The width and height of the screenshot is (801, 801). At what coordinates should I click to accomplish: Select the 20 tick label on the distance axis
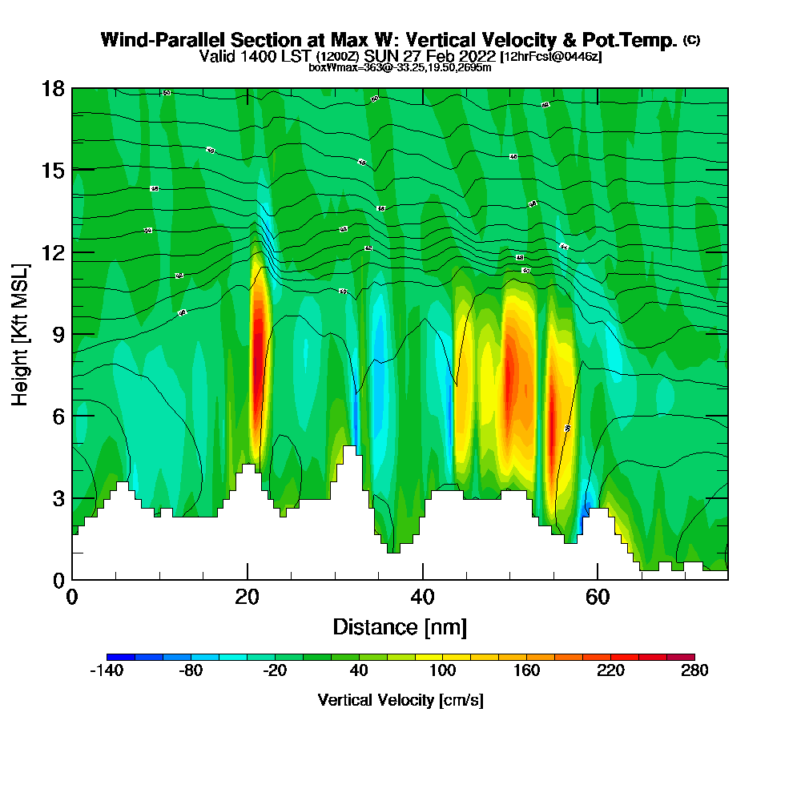pyautogui.click(x=248, y=597)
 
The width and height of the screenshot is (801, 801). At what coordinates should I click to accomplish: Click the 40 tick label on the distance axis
pyautogui.click(x=422, y=597)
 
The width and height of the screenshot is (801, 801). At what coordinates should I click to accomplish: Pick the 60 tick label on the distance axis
pyautogui.click(x=598, y=597)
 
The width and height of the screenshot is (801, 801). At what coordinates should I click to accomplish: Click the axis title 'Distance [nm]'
pyautogui.click(x=400, y=626)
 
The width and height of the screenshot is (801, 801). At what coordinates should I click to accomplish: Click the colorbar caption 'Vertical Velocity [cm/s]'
pyautogui.click(x=400, y=700)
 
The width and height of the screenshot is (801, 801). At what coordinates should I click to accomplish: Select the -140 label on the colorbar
pyautogui.click(x=106, y=671)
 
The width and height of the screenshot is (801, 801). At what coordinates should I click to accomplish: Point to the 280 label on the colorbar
pyautogui.click(x=694, y=671)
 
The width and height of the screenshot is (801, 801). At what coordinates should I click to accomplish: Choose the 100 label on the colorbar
pyautogui.click(x=442, y=671)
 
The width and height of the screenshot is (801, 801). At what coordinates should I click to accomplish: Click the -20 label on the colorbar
pyautogui.click(x=275, y=671)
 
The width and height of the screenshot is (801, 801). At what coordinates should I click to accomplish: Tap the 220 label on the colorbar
pyautogui.click(x=610, y=671)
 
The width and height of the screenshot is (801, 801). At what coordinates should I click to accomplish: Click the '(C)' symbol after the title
pyautogui.click(x=691, y=39)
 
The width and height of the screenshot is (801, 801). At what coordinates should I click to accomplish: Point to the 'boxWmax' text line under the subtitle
pyautogui.click(x=400, y=67)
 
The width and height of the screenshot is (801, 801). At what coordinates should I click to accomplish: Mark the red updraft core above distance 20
pyautogui.click(x=258, y=352)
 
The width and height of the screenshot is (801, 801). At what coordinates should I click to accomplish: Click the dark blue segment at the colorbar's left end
pyautogui.click(x=120, y=657)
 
